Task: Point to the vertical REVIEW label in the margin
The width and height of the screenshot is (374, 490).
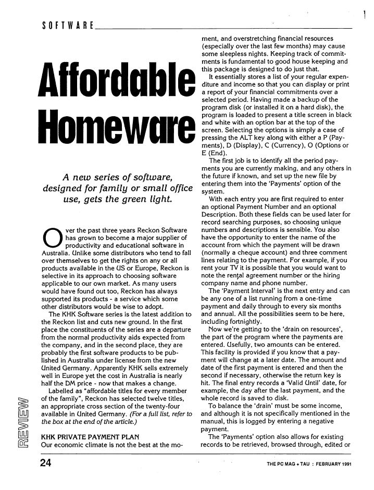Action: click(20, 414)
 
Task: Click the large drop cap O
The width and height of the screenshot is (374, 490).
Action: click(50, 238)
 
